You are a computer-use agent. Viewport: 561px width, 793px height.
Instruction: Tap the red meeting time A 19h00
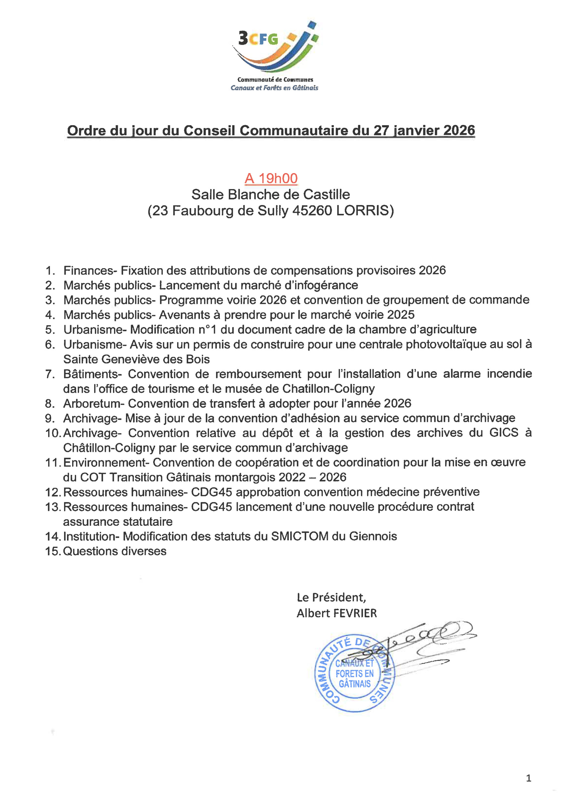tap(271, 178)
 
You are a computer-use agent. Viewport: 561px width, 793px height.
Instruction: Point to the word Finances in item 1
tap(90, 270)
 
